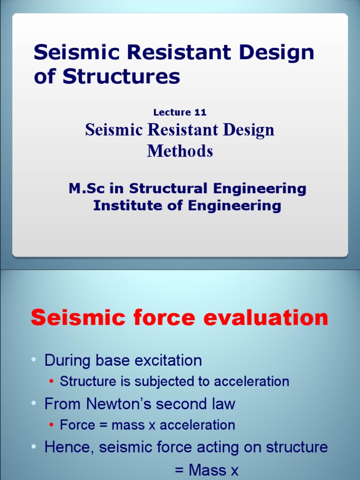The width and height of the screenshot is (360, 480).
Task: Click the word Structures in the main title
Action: [121, 76]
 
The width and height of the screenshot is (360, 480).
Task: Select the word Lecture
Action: [172, 112]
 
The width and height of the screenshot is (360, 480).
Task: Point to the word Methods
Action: [180, 151]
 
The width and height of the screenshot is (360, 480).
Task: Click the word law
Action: [224, 404]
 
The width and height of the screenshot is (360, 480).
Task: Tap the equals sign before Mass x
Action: [180, 469]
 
